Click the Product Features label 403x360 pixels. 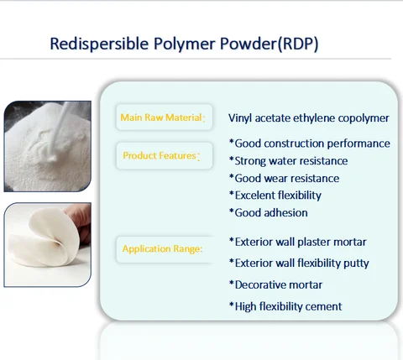point(160,155)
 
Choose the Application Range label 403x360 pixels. point(163,248)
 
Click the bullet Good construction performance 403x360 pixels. point(309,143)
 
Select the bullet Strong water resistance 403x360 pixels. point(288,160)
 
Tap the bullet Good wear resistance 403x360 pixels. point(284,178)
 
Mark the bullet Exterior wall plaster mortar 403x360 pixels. point(297,242)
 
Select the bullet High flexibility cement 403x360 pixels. point(285,306)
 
